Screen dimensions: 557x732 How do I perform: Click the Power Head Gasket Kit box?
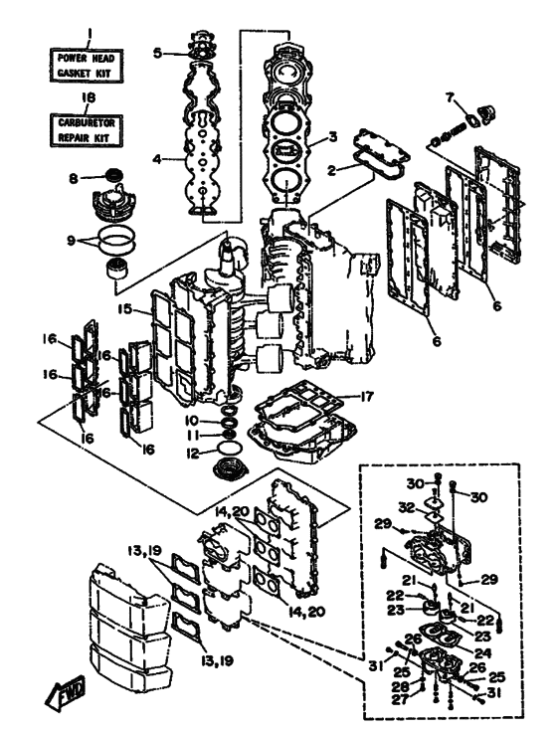coord(87,66)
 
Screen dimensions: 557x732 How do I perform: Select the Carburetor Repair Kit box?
coord(87,130)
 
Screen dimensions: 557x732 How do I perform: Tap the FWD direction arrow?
coord(66,692)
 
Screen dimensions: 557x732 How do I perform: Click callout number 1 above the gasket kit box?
coord(90,36)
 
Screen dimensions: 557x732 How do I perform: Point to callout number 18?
coord(89,98)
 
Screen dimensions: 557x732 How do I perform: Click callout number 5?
coord(158,53)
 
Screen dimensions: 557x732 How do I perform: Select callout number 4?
coord(158,160)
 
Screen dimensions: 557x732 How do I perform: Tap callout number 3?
coord(332,137)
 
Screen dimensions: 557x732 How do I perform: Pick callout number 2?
coord(332,171)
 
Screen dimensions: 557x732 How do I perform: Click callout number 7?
coord(451,97)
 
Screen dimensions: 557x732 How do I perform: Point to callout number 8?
coord(74,178)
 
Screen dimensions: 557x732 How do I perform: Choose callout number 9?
coord(71,242)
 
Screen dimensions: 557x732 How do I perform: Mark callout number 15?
coord(124,308)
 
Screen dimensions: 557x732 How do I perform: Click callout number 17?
coord(366,397)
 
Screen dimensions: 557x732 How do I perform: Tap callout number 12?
coord(192,453)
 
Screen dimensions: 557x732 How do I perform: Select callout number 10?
coord(192,421)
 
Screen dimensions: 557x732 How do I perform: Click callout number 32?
coord(407,506)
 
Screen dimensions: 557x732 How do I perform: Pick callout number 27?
coord(400,699)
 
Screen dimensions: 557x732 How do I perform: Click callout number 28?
coord(401,686)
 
